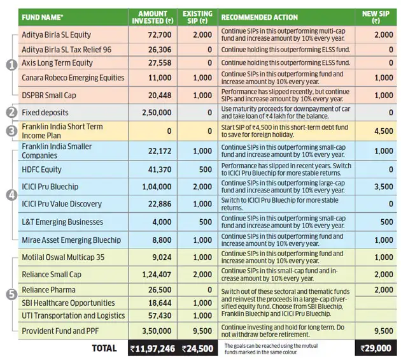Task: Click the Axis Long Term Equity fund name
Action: click(x=57, y=63)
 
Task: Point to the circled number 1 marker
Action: click(x=11, y=64)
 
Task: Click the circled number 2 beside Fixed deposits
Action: click(x=11, y=112)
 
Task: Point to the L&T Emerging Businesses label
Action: click(x=62, y=222)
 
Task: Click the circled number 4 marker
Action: click(x=11, y=195)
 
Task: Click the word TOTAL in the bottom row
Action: click(x=104, y=348)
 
